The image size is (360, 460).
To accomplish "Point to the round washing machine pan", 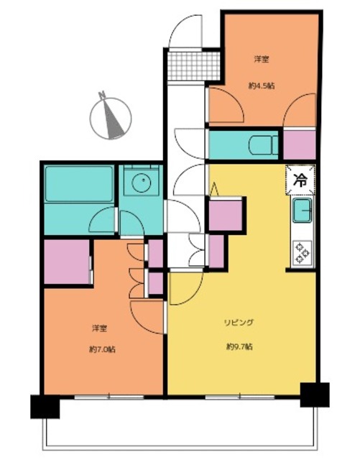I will pos(140,183).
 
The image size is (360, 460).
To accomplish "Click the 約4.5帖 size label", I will pos(262,84).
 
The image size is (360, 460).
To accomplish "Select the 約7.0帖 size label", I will pos(102,349).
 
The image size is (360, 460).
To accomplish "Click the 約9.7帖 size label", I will pos(239,346).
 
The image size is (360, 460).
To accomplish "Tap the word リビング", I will pos(239,323).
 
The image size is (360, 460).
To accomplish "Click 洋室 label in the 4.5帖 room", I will pos(262,58).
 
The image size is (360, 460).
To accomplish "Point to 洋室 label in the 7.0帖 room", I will pos(99,328).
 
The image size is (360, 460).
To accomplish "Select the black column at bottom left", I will pos(44,407).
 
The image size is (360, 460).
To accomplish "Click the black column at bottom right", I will pos(314,394).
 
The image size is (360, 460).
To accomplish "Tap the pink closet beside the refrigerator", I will pos(299,144).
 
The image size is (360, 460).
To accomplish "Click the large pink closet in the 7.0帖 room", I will pos(65,262).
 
